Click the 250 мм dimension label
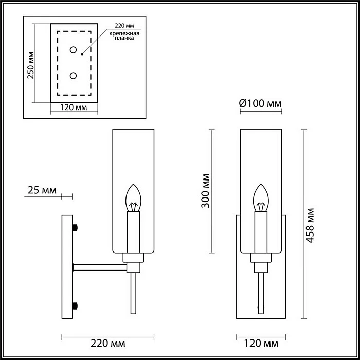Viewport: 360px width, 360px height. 31,65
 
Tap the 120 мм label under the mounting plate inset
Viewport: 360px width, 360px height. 74,107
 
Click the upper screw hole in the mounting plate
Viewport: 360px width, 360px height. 74,50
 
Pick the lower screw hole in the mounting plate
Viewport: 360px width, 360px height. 74,76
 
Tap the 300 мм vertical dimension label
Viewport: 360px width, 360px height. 205,191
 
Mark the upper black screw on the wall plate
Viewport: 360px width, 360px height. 76,227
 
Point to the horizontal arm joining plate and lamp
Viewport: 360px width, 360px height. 100,266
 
